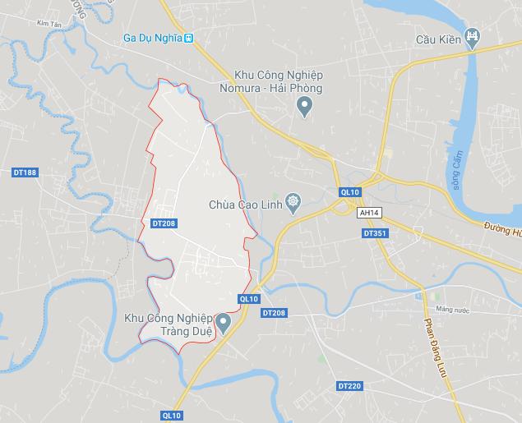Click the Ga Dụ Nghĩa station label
[x=151, y=38]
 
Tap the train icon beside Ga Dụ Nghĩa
[x=189, y=38]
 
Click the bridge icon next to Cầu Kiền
[x=473, y=35]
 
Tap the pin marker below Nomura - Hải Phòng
[x=304, y=105]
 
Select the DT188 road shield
[x=25, y=172]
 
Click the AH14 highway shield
[x=369, y=212]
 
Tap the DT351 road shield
[x=374, y=233]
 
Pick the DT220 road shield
[x=349, y=385]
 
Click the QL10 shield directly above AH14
[x=349, y=192]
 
